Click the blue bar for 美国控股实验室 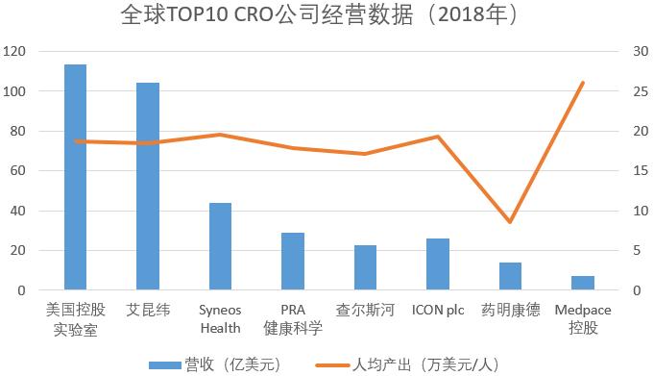pyautogui.click(x=75, y=177)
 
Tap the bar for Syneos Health pyautogui.click(x=220, y=246)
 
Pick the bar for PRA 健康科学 pyautogui.click(x=293, y=261)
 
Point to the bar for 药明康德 pyautogui.click(x=510, y=276)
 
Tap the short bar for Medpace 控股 pyautogui.click(x=582, y=283)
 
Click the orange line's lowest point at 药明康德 pyautogui.click(x=510, y=222)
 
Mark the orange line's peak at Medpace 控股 pyautogui.click(x=582, y=83)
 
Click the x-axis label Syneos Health pyautogui.click(x=220, y=318)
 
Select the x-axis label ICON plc pyautogui.click(x=438, y=310)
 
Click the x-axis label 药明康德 pyautogui.click(x=510, y=310)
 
